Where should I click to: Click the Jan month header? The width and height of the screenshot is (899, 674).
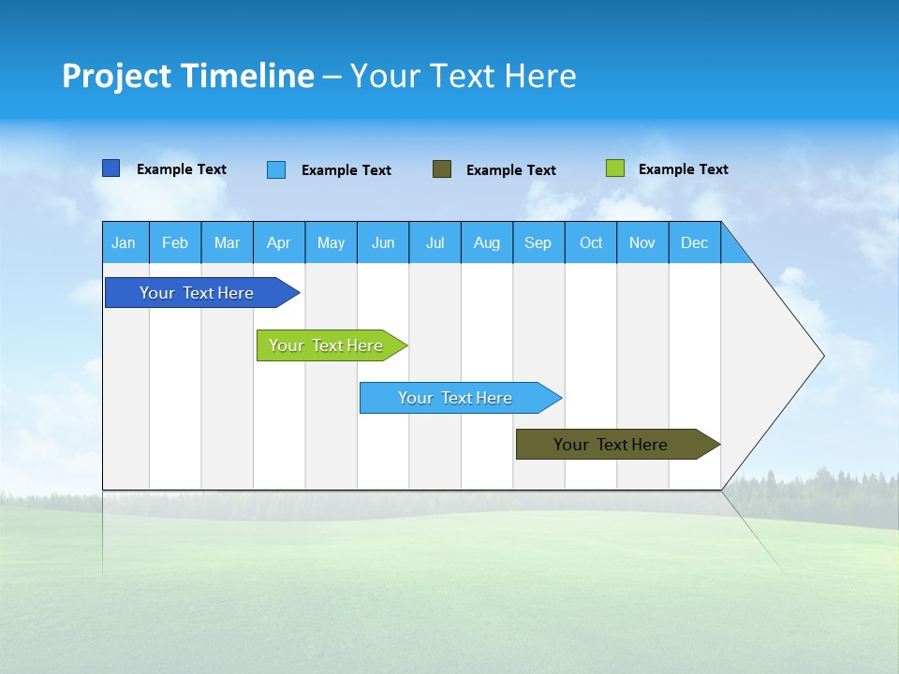(125, 242)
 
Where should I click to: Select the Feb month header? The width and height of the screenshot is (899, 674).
(175, 242)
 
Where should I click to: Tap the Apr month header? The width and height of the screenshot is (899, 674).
(279, 242)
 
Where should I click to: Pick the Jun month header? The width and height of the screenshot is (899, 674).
(383, 242)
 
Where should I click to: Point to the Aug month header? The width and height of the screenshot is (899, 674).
(487, 242)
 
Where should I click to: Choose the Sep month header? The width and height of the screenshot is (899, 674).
(538, 242)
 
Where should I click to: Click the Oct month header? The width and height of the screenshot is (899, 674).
(591, 242)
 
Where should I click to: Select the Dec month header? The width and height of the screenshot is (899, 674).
(695, 242)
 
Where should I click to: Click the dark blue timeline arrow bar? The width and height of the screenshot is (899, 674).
(198, 293)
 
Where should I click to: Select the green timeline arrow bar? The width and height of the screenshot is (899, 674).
(327, 345)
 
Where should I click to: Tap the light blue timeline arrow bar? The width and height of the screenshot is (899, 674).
(456, 398)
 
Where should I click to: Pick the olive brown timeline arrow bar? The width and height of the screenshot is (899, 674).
(612, 445)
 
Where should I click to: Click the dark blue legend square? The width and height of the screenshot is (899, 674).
(111, 168)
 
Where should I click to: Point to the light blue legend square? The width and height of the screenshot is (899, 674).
(276, 169)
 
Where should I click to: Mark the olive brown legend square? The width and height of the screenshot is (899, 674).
(442, 169)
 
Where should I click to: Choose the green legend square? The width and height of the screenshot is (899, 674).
(614, 168)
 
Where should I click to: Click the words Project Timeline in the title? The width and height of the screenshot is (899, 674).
(188, 76)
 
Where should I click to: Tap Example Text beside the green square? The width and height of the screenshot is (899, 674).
(683, 169)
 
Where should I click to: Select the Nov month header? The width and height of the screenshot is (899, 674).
(642, 242)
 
